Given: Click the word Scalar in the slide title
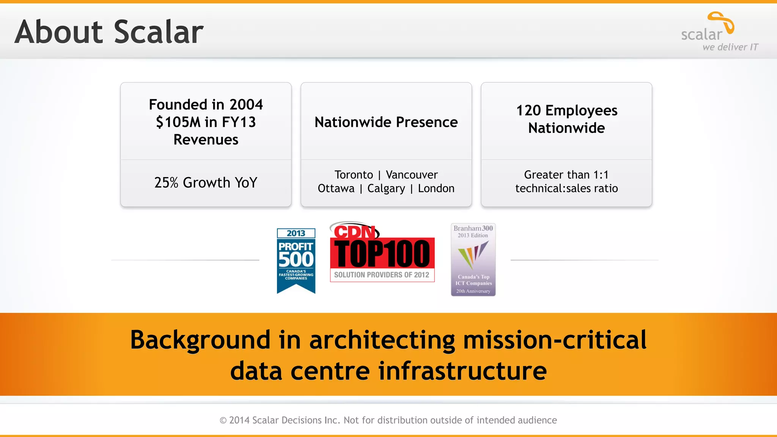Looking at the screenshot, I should (159, 32).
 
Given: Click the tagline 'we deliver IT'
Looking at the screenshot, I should (730, 47).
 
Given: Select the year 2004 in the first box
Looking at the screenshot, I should (246, 105).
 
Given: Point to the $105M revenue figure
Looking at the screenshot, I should (178, 122).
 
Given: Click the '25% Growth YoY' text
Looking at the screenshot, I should (206, 183).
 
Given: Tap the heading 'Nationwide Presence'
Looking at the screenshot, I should (386, 122).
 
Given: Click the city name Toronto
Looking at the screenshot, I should (354, 175).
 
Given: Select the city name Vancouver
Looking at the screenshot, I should (412, 175).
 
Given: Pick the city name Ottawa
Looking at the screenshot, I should (336, 189).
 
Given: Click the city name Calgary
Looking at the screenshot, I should (386, 189).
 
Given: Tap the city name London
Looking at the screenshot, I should (436, 189).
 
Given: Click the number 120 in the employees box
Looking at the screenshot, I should (528, 111).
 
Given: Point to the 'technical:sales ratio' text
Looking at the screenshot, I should (566, 189).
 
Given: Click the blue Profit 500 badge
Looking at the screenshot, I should (296, 260).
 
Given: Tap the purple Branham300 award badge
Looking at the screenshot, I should (473, 259).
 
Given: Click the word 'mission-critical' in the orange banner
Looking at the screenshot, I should (555, 340).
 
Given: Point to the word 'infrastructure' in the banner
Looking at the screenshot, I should (462, 371).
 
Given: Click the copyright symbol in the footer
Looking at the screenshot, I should (223, 420).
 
